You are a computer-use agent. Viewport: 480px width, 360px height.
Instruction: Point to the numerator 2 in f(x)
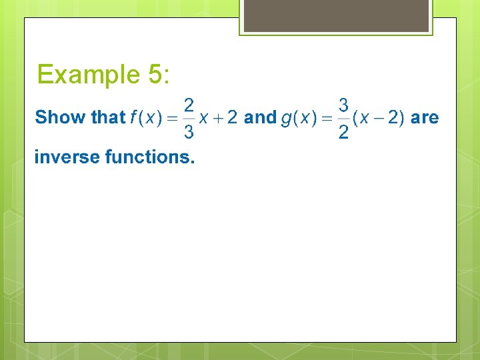click(189, 105)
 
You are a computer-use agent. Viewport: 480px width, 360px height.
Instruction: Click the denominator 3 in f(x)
click(189, 133)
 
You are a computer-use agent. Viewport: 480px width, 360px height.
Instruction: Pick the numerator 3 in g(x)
click(343, 105)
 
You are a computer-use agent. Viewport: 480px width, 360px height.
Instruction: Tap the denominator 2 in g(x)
click(343, 133)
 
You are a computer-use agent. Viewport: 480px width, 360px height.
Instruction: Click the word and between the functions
click(260, 117)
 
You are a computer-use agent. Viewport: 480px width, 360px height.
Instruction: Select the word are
click(425, 118)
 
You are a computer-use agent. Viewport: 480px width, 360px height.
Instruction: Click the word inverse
click(67, 157)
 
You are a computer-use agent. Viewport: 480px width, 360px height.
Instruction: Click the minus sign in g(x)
click(377, 118)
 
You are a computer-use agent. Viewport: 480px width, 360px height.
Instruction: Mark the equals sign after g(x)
click(327, 118)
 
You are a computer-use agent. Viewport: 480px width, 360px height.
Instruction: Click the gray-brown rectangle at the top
click(336, 15)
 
